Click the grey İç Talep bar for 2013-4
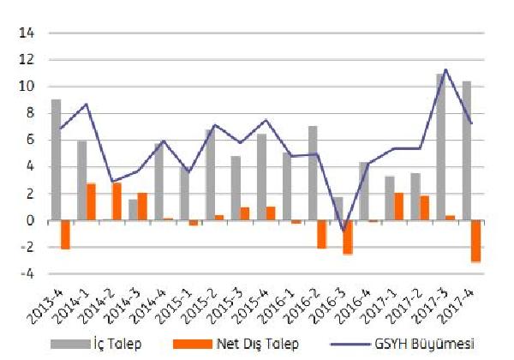tap(56, 160)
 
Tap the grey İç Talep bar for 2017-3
tap(440, 147)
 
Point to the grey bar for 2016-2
tap(313, 173)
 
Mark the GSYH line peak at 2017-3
tap(445, 69)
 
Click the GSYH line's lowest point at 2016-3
tap(343, 231)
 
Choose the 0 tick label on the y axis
tap(28, 221)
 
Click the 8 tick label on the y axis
tap(28, 113)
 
